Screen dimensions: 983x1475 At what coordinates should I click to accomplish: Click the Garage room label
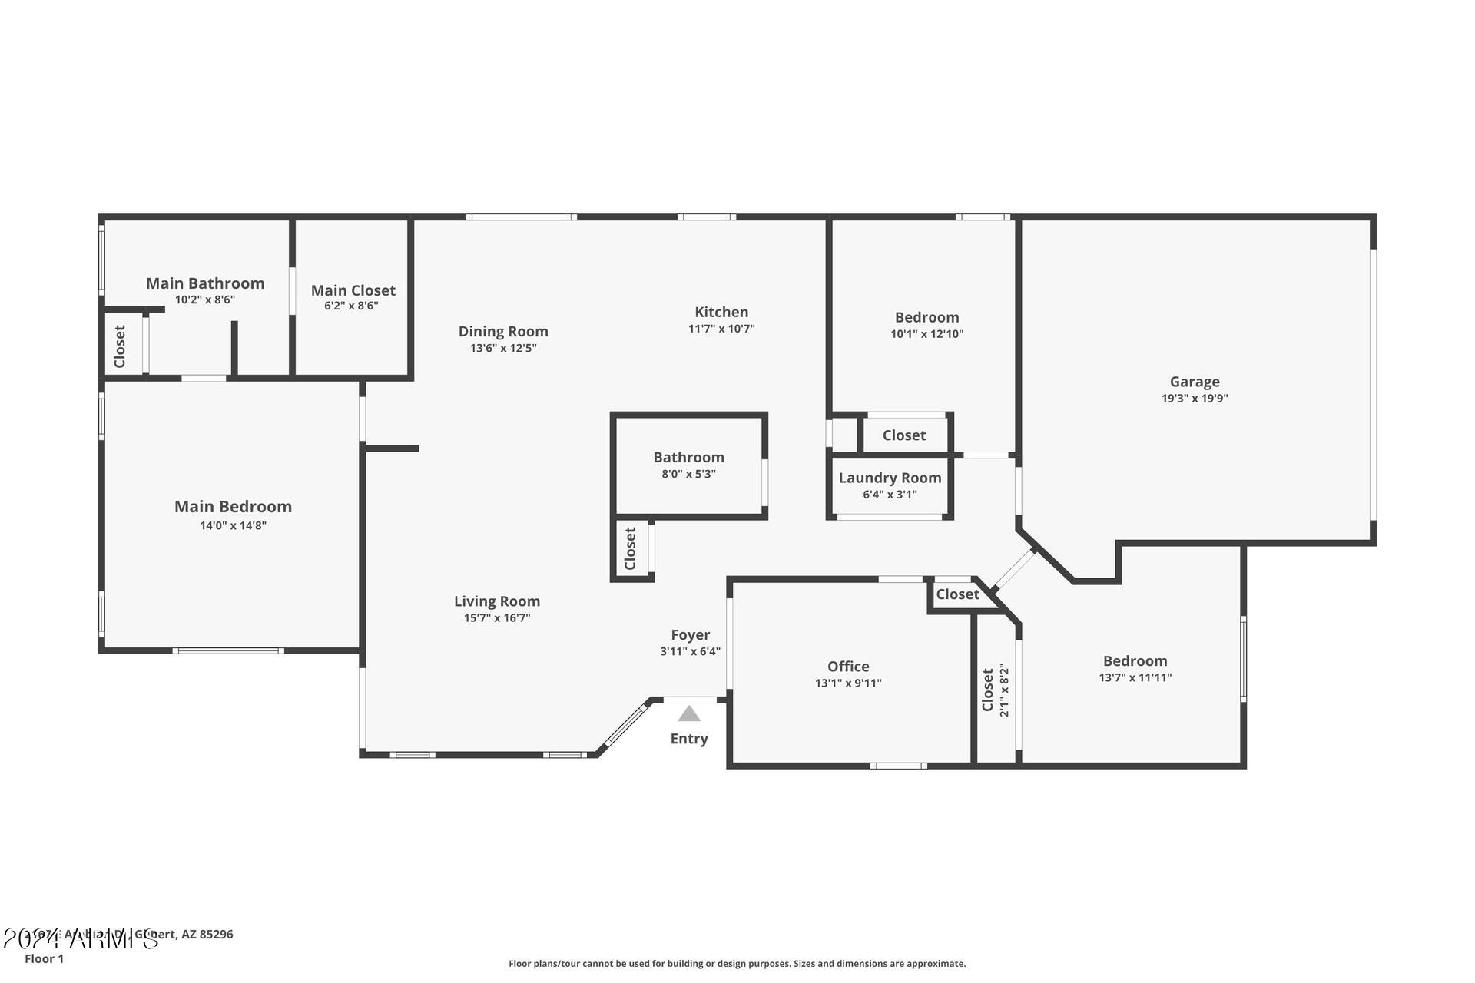pyautogui.click(x=1194, y=382)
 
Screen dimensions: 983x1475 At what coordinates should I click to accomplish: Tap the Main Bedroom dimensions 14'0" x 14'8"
pyautogui.click(x=233, y=525)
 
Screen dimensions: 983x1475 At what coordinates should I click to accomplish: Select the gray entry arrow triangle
pyautogui.click(x=689, y=714)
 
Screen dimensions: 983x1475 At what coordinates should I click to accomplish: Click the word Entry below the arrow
pyautogui.click(x=689, y=739)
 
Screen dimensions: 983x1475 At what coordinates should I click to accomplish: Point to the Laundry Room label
pyautogui.click(x=890, y=478)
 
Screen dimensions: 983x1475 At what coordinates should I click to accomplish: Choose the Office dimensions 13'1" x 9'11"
pyautogui.click(x=848, y=683)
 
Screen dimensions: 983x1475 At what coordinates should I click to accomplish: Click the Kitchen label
pyautogui.click(x=721, y=312)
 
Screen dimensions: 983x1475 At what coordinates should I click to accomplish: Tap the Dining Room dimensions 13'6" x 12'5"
pyautogui.click(x=503, y=348)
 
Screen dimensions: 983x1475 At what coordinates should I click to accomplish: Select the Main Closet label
pyautogui.click(x=353, y=290)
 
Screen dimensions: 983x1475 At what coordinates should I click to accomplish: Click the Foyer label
pyautogui.click(x=690, y=635)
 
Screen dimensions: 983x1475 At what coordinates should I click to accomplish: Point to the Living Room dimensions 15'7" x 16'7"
pyautogui.click(x=497, y=617)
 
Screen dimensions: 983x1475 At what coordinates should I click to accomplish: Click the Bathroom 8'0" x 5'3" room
pyautogui.click(x=688, y=465)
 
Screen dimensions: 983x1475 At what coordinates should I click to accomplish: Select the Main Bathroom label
pyautogui.click(x=205, y=283)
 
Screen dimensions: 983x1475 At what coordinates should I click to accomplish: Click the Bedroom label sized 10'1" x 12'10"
pyautogui.click(x=926, y=317)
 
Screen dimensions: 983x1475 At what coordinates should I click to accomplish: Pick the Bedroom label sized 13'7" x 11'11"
pyautogui.click(x=1135, y=661)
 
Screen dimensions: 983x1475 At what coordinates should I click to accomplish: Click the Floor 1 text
pyautogui.click(x=45, y=958)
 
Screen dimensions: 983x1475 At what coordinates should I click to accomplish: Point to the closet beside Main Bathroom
pyautogui.click(x=121, y=346)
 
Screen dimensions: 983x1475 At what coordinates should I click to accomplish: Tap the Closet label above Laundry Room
pyautogui.click(x=903, y=435)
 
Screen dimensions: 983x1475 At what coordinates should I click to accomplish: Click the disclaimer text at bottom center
pyautogui.click(x=737, y=963)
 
